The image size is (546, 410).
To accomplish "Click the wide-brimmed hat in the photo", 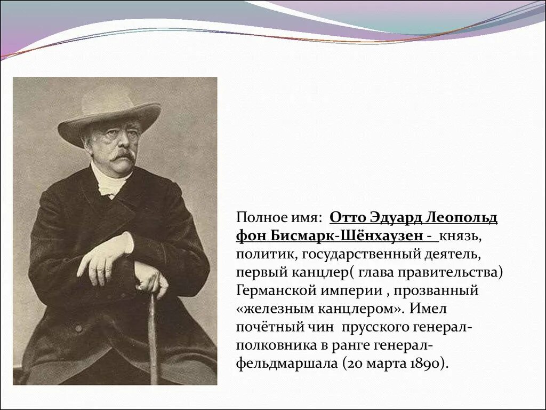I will pos(109,112).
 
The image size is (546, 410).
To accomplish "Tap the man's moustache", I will pos(124,155).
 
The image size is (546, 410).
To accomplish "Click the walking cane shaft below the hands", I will pos(152,336).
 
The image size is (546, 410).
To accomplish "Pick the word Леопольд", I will pos(463,218).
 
